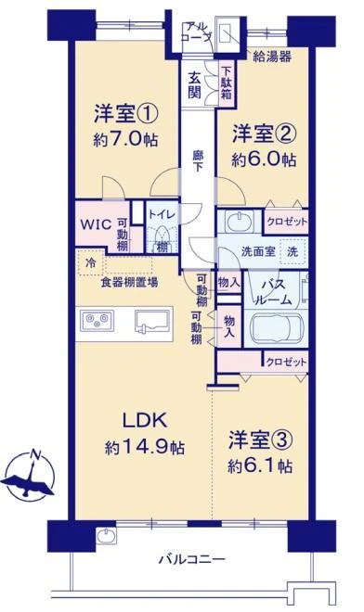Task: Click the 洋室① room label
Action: pyautogui.click(x=126, y=113)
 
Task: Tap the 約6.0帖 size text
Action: pyautogui.click(x=264, y=159)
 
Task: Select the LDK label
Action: pyautogui.click(x=145, y=420)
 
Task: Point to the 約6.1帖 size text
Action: pyautogui.click(x=260, y=465)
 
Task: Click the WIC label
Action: pyautogui.click(x=96, y=224)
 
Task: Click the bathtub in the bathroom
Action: pyautogui.click(x=276, y=328)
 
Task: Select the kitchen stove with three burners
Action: pyautogui.click(x=97, y=321)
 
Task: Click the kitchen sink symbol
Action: pyautogui.click(x=153, y=321)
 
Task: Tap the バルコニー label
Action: pyautogui.click(x=192, y=560)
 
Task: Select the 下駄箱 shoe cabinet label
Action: pyautogui.click(x=227, y=83)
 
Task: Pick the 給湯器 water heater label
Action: pyautogui.click(x=272, y=57)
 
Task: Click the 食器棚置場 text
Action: pyautogui.click(x=129, y=282)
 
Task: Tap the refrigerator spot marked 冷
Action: pyautogui.click(x=90, y=262)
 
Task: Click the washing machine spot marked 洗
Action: pyautogui.click(x=292, y=251)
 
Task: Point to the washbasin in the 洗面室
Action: pyautogui.click(x=239, y=222)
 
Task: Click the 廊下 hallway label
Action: pyautogui.click(x=198, y=160)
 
